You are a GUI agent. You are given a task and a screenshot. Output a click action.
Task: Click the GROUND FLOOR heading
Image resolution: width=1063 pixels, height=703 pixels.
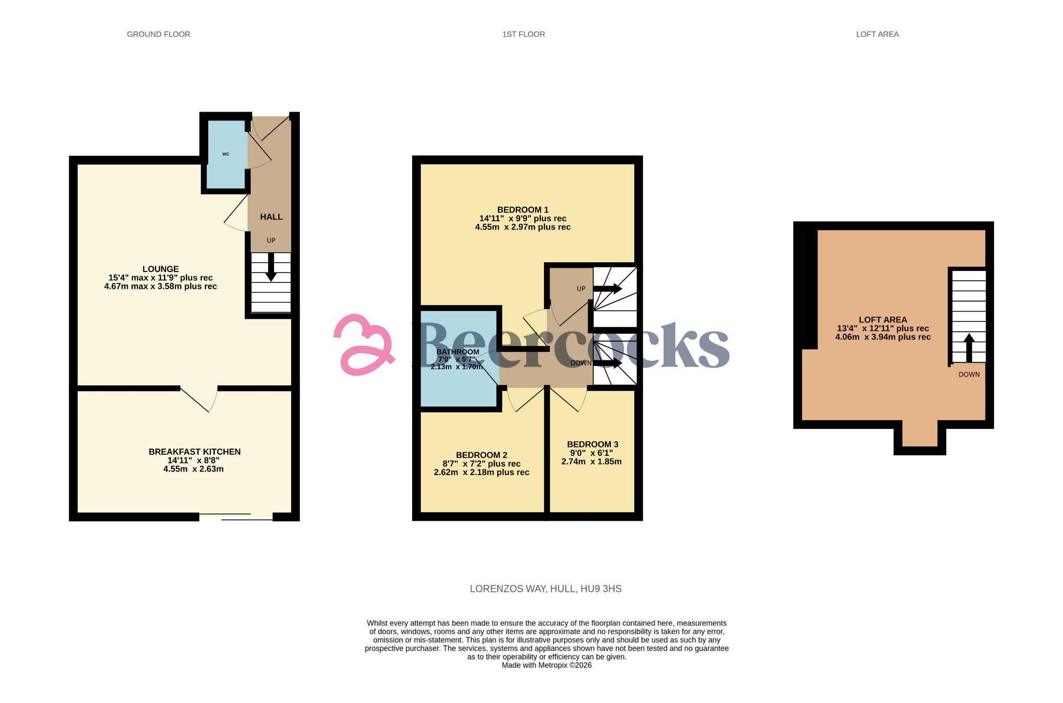coord(158,34)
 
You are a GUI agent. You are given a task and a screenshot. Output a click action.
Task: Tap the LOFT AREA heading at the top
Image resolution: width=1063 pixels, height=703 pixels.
coord(877,34)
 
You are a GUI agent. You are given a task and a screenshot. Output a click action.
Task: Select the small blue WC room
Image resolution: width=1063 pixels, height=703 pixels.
coord(226,154)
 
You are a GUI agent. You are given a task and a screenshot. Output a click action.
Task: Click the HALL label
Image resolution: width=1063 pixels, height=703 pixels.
coord(271,217)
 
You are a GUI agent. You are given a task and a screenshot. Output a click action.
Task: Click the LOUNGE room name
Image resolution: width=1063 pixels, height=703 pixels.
coord(160,269)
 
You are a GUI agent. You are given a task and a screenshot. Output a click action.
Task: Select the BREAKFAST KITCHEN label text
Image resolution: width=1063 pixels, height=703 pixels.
coord(195,452)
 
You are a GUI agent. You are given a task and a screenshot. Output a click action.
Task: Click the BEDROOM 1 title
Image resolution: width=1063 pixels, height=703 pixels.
coord(523,210)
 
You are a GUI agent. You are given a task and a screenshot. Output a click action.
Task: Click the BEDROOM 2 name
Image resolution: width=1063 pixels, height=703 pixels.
coord(482,455)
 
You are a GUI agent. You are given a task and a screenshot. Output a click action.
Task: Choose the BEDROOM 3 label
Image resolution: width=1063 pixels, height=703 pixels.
coord(592,444)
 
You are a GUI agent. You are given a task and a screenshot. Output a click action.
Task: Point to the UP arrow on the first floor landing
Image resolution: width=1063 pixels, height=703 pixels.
coord(608,289)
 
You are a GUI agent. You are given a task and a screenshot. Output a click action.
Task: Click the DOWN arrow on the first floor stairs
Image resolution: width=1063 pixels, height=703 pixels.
coord(608,363)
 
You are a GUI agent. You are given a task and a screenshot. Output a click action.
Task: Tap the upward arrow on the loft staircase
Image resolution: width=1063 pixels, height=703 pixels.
coord(969,347)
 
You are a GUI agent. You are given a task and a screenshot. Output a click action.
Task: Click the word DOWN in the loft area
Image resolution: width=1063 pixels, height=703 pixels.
coord(969,374)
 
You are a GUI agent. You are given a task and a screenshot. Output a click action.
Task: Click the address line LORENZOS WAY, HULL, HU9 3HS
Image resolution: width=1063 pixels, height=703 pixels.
coord(546,589)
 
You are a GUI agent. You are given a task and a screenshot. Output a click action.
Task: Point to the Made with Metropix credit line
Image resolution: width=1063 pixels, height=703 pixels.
coord(546,665)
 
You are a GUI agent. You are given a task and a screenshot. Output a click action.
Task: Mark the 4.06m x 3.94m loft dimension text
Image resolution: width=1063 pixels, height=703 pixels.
coord(882,337)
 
